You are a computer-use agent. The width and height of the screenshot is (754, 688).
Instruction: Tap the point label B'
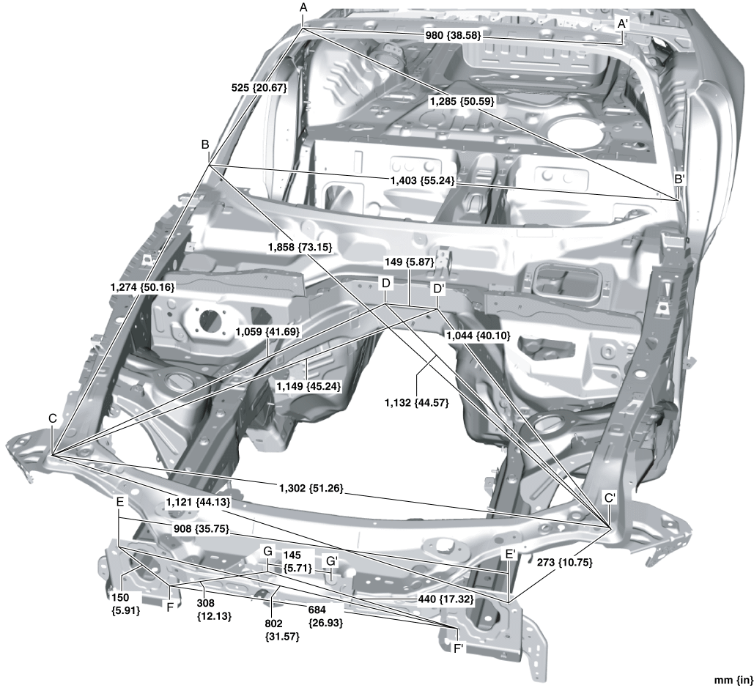(x=680, y=178)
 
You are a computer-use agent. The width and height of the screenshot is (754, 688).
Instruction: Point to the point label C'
(x=610, y=497)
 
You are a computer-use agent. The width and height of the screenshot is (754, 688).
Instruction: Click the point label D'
(x=438, y=289)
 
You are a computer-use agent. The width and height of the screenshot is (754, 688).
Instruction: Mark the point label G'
(x=332, y=561)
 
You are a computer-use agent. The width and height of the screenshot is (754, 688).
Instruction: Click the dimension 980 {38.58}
(x=454, y=35)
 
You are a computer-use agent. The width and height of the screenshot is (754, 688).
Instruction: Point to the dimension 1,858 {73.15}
(x=301, y=248)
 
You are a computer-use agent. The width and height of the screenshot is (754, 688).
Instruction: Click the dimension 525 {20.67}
(x=257, y=87)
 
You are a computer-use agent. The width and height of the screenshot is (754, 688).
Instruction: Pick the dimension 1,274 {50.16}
(x=138, y=287)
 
